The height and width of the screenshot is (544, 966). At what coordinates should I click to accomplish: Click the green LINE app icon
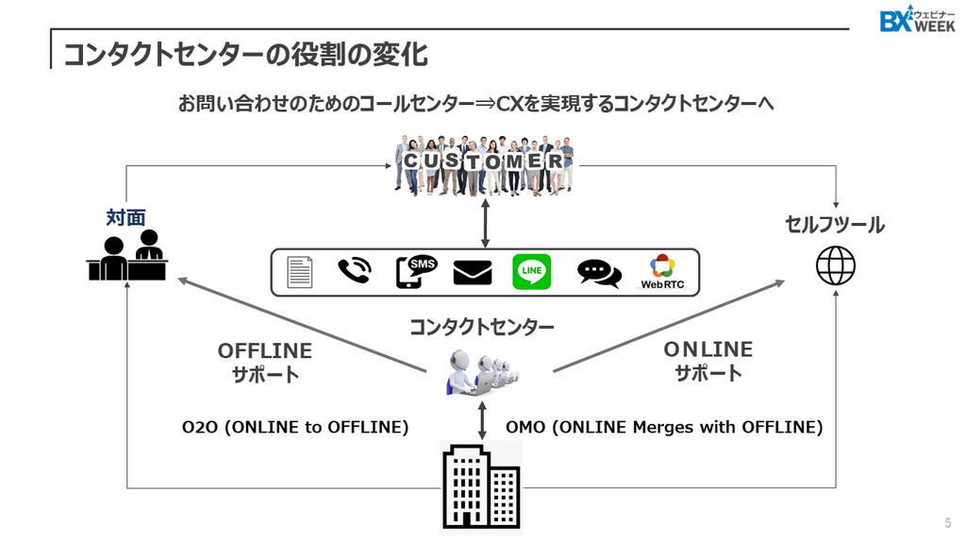point(532,272)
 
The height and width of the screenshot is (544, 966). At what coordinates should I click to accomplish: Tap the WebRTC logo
point(662,272)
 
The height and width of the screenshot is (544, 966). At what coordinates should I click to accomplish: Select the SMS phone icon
point(416,271)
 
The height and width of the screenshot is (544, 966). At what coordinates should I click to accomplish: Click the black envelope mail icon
point(473,273)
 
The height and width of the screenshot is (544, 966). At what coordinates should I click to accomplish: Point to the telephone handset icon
point(355,271)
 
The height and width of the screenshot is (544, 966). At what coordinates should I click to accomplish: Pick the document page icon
point(300,272)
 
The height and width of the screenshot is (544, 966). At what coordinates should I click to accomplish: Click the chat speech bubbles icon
point(599,273)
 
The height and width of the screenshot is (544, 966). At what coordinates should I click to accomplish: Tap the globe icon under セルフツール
point(836,265)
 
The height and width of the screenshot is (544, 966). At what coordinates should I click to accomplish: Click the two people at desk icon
point(127,255)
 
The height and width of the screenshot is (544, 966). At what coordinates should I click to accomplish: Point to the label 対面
point(125,218)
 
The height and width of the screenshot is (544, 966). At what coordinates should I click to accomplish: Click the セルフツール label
point(835,225)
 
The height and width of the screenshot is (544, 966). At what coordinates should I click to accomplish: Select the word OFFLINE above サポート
point(265,351)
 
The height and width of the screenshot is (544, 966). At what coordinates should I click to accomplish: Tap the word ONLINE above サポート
point(708,349)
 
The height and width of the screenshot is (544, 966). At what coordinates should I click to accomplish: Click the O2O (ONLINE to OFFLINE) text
point(295,427)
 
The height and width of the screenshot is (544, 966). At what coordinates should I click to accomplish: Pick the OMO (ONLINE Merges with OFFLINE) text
point(664,427)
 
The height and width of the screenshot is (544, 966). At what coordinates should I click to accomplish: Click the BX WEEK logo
point(917,19)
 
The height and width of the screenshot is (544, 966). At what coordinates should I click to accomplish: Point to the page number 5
point(948,523)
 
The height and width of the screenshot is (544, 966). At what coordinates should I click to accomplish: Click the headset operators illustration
point(482,372)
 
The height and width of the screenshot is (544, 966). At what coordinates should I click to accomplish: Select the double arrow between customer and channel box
point(486,223)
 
